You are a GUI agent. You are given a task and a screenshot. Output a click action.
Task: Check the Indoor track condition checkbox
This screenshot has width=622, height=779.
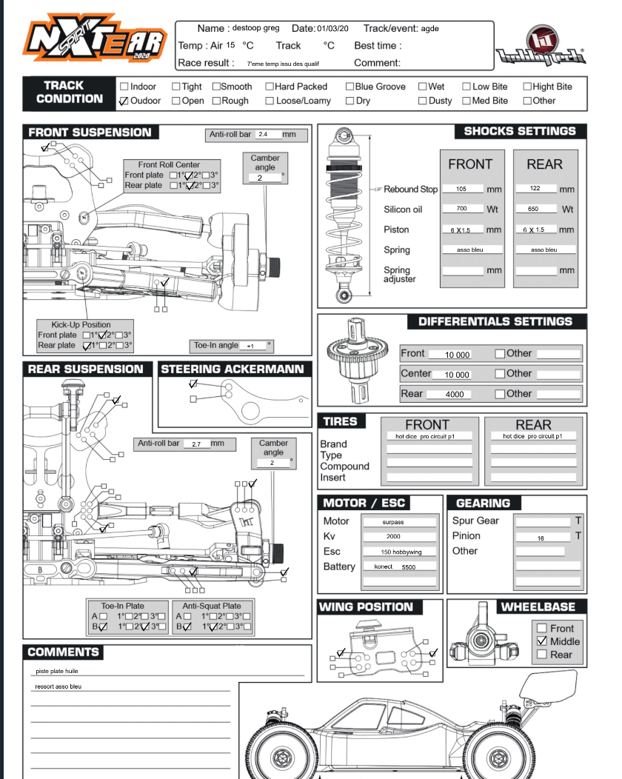[x=124, y=87]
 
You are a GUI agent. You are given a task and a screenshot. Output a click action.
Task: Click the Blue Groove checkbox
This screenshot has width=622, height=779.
[x=350, y=87]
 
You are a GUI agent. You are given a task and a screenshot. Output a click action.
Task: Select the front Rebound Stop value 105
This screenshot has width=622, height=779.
[x=461, y=189]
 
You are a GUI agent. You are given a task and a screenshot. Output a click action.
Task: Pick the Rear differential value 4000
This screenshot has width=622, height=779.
[x=454, y=395]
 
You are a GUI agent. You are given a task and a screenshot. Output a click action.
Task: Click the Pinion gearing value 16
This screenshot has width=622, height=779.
[x=541, y=538]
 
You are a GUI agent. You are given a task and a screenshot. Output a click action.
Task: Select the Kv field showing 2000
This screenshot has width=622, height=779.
[x=393, y=536]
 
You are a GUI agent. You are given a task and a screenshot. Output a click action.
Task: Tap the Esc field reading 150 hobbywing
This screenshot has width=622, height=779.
[x=393, y=552]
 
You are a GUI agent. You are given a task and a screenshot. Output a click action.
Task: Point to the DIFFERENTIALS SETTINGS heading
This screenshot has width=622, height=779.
[x=495, y=321]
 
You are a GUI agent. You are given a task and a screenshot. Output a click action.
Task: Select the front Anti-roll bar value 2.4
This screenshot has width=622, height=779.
[x=264, y=135]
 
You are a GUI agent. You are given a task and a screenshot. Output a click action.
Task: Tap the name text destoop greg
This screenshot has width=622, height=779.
[x=256, y=28]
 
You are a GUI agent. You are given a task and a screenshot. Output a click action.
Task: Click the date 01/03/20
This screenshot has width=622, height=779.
[x=332, y=28]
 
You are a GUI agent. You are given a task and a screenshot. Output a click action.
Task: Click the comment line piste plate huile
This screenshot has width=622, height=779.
[x=57, y=672]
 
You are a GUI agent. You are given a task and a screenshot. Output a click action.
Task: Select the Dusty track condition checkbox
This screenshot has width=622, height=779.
[x=423, y=101]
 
